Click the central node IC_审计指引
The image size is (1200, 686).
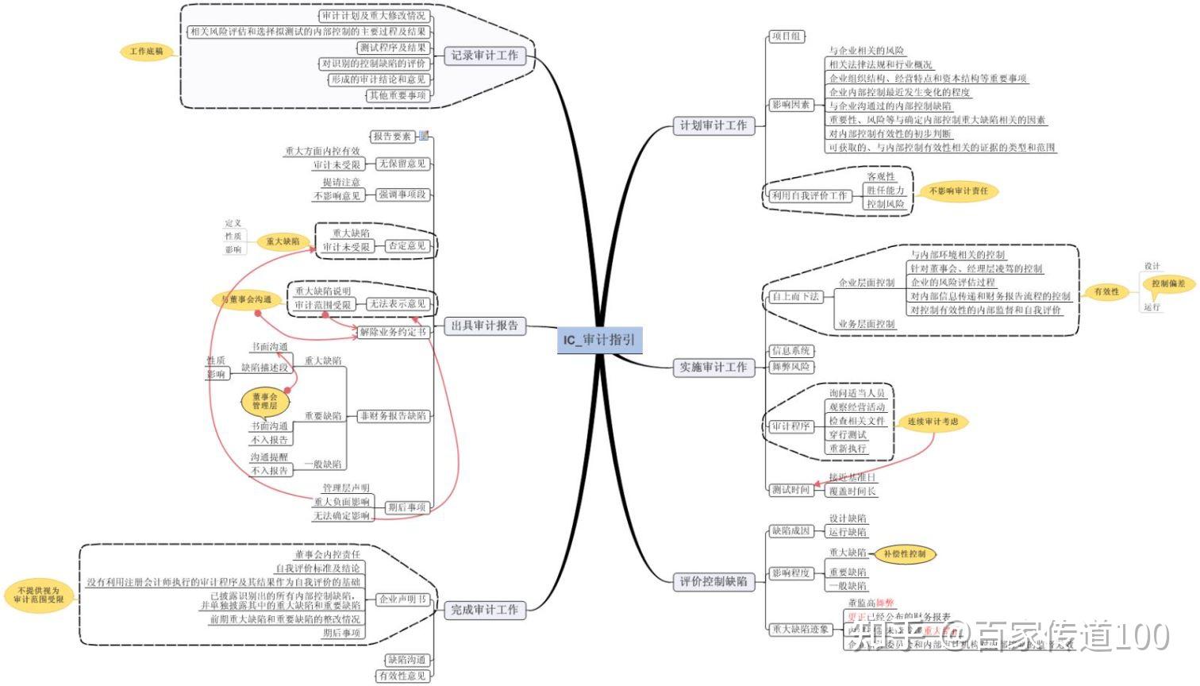(598, 340)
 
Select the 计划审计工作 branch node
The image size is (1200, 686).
(713, 125)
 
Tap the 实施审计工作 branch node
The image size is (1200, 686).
(713, 367)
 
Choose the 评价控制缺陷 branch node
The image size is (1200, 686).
(713, 581)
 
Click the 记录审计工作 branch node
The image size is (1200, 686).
(484, 55)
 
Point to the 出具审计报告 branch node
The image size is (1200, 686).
(484, 326)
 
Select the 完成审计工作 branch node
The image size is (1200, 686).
(484, 610)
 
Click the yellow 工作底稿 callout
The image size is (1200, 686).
(148, 52)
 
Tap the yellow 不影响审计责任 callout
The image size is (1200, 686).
(958, 191)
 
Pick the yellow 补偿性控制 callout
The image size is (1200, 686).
(904, 553)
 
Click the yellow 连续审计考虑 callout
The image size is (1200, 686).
(933, 422)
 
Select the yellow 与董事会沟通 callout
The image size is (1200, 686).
(246, 299)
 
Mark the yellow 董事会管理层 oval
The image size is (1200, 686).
(265, 401)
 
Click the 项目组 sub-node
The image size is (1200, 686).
(787, 37)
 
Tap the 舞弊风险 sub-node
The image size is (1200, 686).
(790, 367)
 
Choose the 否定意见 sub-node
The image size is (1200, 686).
(407, 246)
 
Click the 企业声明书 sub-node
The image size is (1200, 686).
(403, 599)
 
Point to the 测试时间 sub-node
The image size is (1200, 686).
(790, 490)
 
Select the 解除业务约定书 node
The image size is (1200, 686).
(393, 332)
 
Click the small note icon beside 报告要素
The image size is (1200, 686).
(424, 136)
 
